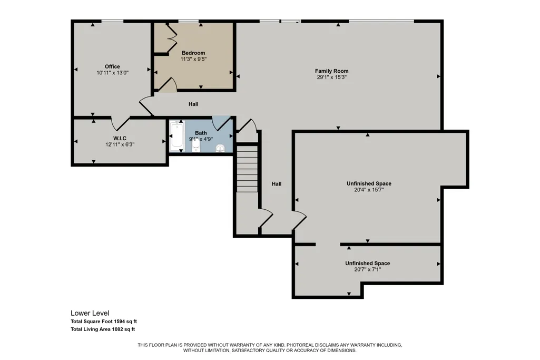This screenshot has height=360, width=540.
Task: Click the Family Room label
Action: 332,71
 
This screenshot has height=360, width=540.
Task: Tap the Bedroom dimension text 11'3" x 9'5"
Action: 193,59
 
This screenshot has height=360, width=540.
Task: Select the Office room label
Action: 112,66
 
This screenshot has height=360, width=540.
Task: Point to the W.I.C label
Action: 120,138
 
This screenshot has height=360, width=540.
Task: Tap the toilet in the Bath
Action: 195,145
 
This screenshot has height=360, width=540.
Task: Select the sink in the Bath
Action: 220,149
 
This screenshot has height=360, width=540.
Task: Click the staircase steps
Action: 247,169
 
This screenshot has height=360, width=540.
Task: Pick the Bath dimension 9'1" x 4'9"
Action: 201,139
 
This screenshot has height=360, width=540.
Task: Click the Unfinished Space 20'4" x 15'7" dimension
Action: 369,189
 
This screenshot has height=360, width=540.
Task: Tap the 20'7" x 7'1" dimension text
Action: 367,269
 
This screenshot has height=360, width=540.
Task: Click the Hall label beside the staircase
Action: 277,184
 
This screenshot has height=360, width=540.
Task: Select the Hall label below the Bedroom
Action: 193,104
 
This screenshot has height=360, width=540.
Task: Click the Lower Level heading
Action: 90,313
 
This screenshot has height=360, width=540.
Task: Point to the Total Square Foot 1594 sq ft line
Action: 104,322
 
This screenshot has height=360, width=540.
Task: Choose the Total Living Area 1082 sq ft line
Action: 103,329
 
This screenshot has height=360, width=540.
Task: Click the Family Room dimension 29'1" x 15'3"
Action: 332,77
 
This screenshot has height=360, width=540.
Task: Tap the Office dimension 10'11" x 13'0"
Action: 113,73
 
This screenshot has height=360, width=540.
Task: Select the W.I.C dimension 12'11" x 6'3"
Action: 120,144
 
